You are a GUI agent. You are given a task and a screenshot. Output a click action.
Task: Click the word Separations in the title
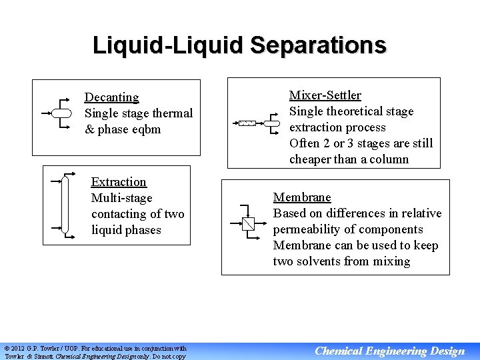point(318,45)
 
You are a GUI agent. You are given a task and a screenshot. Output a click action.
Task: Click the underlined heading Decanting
point(111,97)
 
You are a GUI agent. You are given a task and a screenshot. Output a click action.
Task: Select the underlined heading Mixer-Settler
point(325,95)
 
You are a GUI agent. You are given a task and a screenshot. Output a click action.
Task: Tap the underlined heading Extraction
point(119,182)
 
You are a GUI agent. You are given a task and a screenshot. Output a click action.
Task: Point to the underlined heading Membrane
point(301,197)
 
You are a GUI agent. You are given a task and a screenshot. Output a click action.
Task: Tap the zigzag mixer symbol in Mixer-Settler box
point(247,123)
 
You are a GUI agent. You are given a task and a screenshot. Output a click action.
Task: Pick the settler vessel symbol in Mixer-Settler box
point(273,123)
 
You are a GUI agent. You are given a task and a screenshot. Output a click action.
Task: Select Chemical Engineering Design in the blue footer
point(389,351)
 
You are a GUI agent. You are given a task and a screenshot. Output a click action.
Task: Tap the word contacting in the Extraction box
point(120,214)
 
